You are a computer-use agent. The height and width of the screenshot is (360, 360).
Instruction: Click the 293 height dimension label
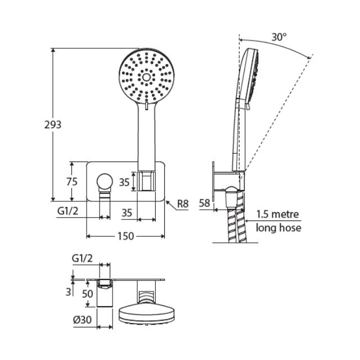[x=53, y=124]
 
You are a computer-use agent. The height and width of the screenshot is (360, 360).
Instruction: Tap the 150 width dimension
[x=126, y=236]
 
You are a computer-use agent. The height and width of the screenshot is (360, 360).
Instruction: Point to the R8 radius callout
[x=182, y=204]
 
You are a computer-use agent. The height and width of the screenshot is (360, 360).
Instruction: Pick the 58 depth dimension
[x=206, y=204]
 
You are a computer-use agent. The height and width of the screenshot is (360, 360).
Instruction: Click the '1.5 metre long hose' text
[x=278, y=221]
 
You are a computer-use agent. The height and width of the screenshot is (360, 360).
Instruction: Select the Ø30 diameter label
[x=82, y=320]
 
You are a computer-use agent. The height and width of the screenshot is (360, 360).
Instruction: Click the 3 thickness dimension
[x=68, y=291]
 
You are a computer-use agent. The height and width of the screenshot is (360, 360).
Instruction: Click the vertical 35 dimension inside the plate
[x=126, y=181]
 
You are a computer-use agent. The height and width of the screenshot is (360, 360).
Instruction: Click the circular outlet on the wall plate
[x=104, y=181]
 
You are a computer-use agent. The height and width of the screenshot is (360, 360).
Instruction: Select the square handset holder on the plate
[x=146, y=181]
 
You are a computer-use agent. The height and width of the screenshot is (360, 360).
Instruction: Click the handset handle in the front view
[x=146, y=135]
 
